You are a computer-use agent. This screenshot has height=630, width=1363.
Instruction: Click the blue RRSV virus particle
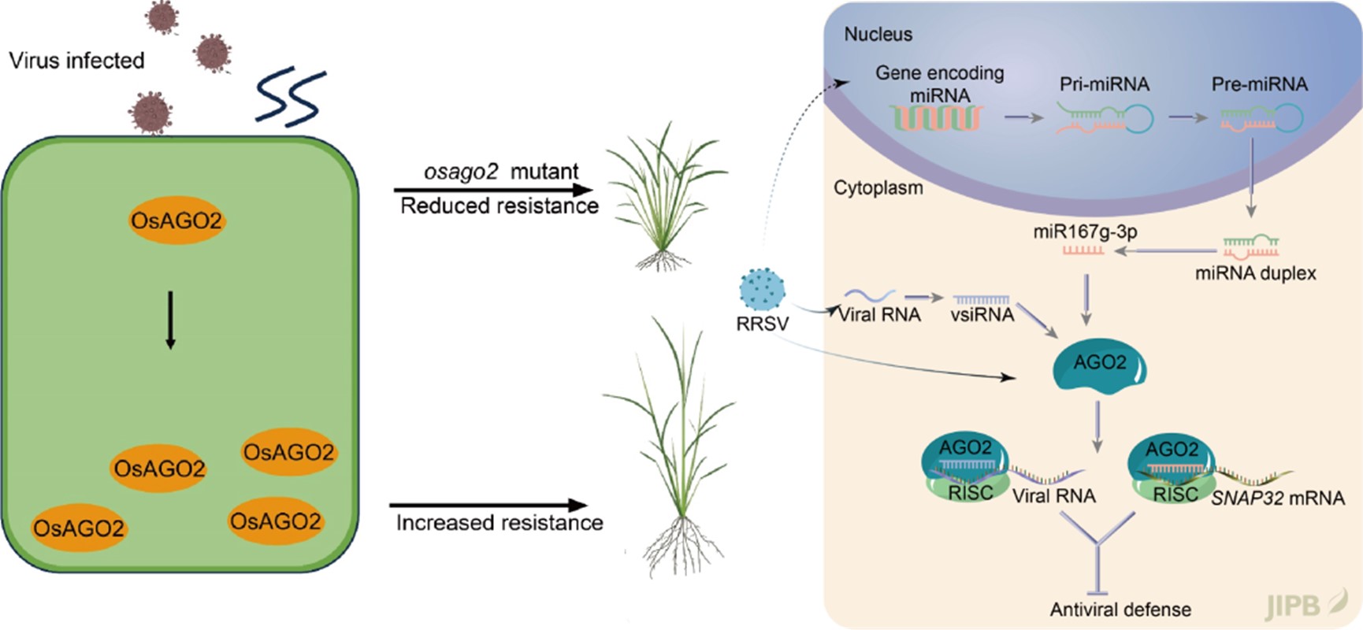tap(762, 289)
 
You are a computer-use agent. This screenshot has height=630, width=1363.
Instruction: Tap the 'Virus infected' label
tap(76, 61)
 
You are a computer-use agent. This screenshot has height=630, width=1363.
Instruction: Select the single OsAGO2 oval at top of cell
tap(176, 220)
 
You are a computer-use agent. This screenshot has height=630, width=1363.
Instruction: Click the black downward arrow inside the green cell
tap(170, 320)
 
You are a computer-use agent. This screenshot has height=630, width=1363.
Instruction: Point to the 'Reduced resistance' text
tap(500, 206)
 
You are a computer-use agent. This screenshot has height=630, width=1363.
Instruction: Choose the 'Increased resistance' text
tap(500, 523)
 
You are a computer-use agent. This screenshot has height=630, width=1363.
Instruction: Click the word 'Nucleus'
tap(878, 35)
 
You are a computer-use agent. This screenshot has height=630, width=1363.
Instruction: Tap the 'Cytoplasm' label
tap(878, 188)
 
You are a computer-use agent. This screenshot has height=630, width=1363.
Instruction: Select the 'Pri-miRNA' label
tap(1104, 84)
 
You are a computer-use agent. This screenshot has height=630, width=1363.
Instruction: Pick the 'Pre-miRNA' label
tap(1259, 84)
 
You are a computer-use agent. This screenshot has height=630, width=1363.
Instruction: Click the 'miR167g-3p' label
tap(1085, 232)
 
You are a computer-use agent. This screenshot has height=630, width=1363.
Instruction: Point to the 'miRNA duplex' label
tap(1255, 273)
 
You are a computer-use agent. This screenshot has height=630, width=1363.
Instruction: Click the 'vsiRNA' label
tap(982, 315)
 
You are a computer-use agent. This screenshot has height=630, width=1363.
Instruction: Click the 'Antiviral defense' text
tap(1120, 610)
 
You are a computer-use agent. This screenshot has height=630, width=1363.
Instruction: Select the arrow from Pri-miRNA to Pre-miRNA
tap(1188, 118)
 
